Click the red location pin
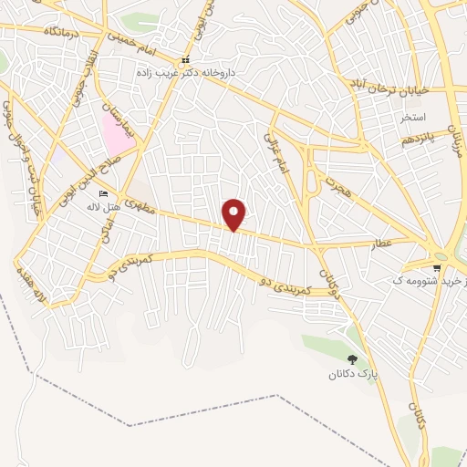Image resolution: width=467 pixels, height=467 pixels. [x=234, y=214]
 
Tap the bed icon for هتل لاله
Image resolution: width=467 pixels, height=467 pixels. [x=103, y=195]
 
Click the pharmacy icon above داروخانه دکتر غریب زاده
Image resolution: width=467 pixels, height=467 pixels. [x=184, y=61]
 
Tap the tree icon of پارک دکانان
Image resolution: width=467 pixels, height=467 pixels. [x=352, y=359]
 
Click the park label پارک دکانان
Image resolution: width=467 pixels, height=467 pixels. [x=352, y=375]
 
